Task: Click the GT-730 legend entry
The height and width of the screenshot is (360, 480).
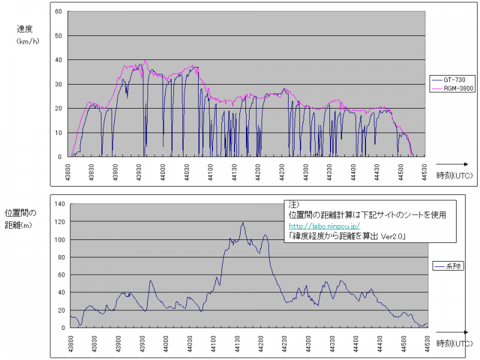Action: [454, 79]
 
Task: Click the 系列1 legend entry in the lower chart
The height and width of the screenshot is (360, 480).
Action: [452, 265]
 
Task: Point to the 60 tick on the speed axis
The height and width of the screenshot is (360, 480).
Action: [58, 11]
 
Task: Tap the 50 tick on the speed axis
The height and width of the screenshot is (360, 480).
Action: [58, 35]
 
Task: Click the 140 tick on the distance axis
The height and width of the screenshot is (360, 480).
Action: [59, 204]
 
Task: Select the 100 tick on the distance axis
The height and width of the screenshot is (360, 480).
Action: [59, 239]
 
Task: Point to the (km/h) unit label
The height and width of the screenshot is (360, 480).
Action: [28, 41]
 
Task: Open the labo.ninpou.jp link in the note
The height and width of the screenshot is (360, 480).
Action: [319, 226]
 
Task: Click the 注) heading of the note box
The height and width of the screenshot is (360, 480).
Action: [293, 203]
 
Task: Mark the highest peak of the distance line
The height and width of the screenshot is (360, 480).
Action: [243, 223]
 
